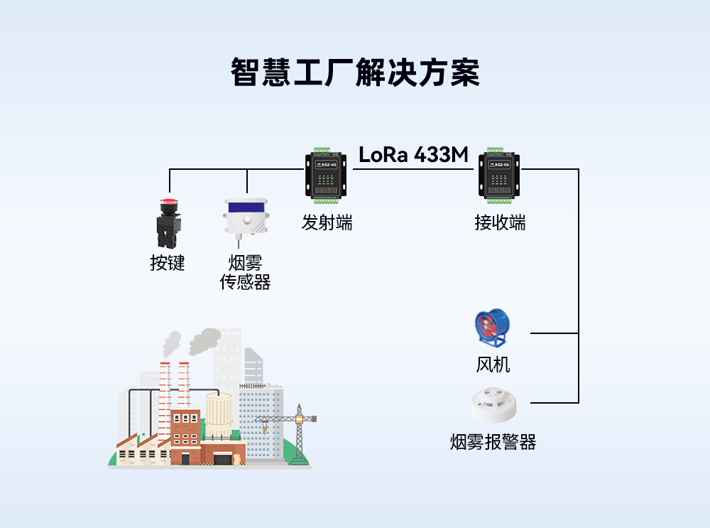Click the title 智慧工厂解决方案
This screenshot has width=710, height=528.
click(x=355, y=72)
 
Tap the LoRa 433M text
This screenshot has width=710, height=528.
click(x=414, y=154)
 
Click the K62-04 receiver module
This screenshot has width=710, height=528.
click(x=500, y=175)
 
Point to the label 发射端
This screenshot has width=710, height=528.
click(x=327, y=222)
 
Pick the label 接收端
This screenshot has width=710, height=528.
click(x=500, y=222)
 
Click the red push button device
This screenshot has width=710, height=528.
click(x=169, y=222)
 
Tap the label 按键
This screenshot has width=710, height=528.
click(x=168, y=263)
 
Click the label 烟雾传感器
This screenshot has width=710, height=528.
click(x=246, y=273)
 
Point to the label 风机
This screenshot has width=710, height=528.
click(x=493, y=365)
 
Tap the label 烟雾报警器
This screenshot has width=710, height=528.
click(x=493, y=442)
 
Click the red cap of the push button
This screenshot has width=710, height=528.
click(x=169, y=203)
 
